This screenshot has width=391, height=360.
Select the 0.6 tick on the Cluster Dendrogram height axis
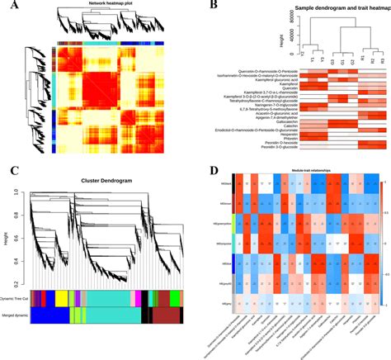pyautogui.click(x=18, y=227)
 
